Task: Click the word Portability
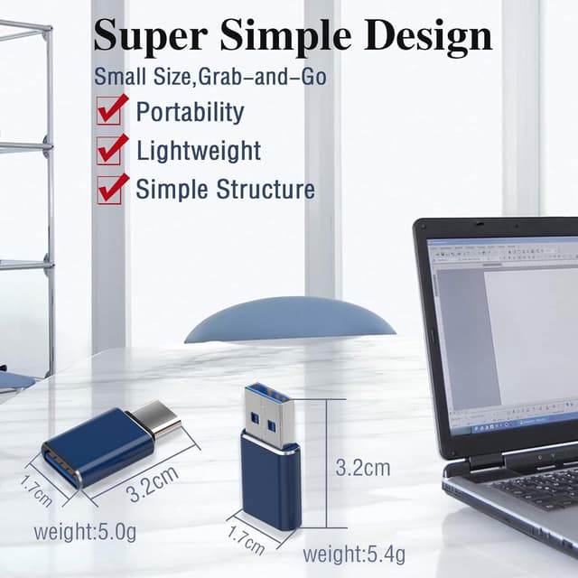pos(190,112)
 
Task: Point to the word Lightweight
pos(199,151)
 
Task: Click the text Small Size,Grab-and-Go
pos(210,77)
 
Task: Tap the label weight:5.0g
pos(85,531)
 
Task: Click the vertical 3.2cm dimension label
pos(363,468)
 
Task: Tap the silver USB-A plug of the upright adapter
pos(271,417)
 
